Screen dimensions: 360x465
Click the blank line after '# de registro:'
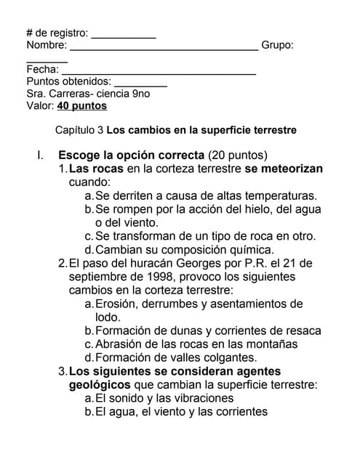[x=123, y=36]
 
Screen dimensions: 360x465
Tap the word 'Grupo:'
[x=277, y=46]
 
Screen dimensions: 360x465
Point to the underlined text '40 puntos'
[x=82, y=106]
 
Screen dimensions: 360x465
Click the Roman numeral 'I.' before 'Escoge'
[x=41, y=155]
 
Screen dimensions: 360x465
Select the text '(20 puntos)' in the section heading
[x=238, y=155]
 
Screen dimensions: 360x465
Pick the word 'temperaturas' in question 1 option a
[x=279, y=196]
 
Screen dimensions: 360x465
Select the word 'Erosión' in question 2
[x=119, y=304]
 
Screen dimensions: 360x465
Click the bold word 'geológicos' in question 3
[x=100, y=385]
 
